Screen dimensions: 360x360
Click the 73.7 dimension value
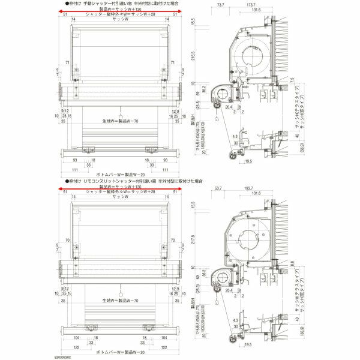220,5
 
